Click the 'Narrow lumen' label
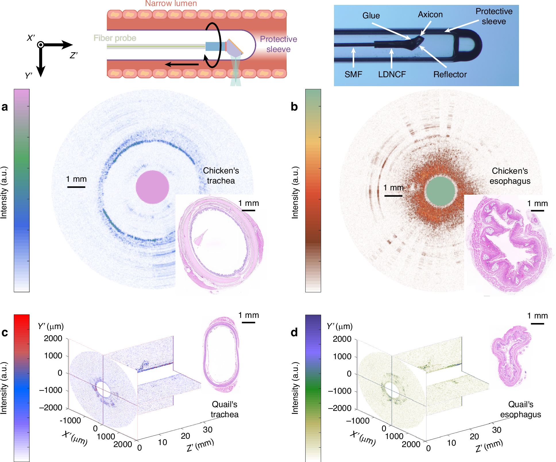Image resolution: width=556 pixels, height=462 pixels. (171, 3)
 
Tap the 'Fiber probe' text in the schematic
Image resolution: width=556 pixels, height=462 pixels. (115, 38)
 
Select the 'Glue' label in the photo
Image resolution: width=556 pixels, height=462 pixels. (371, 16)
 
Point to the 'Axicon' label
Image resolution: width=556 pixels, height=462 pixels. (430, 14)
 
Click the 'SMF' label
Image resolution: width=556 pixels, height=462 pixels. (353, 74)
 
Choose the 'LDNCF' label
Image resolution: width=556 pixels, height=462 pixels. (392, 74)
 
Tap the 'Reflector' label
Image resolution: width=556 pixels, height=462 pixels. (450, 74)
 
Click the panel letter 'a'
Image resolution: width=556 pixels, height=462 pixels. (5, 107)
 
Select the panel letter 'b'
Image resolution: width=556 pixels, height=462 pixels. (294, 107)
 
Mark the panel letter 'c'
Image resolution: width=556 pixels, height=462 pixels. (5, 333)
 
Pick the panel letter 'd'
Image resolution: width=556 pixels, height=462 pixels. (294, 333)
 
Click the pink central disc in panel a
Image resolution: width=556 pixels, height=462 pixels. (152, 187)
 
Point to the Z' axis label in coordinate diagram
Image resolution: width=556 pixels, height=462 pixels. (74, 55)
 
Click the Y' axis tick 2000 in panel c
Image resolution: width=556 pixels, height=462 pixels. (53, 339)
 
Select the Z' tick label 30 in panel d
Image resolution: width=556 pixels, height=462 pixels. (497, 430)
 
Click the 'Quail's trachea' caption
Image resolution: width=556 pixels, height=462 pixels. (225, 409)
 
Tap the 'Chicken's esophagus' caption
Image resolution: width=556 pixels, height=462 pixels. (510, 176)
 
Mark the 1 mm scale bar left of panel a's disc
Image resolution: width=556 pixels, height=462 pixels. (76, 187)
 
